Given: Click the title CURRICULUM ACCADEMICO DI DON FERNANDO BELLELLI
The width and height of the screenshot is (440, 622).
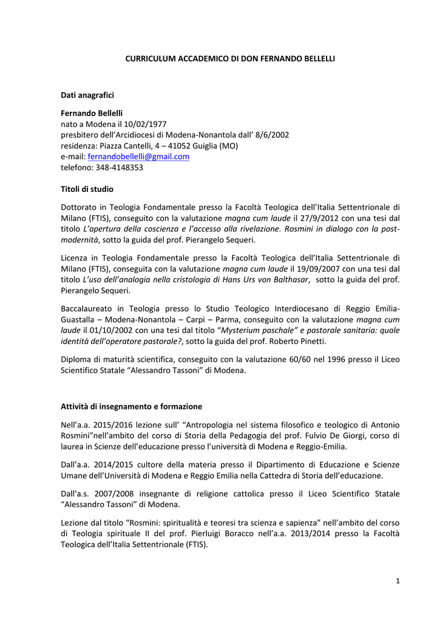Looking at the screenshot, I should coord(230,58).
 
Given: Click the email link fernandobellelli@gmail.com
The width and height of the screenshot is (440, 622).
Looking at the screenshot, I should coord(139,156).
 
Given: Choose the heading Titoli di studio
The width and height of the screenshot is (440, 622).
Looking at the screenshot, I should coord(87,189).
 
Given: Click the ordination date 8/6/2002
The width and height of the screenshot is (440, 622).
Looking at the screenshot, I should coord(271,135).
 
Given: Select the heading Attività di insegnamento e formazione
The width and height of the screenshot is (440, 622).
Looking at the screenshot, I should coord(132,406).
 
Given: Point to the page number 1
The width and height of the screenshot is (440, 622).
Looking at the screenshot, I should coord(398,581).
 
